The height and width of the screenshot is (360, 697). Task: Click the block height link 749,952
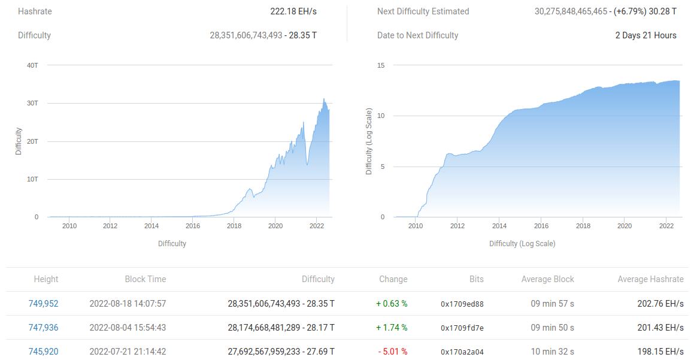43,304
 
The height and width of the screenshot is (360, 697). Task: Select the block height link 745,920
43,352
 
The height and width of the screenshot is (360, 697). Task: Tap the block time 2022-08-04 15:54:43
128,328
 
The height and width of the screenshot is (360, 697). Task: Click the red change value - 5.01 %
393,352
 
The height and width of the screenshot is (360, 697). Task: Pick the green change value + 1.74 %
392,328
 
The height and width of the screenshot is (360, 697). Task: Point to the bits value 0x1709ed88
462,304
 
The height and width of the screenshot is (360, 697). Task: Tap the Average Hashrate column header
650,279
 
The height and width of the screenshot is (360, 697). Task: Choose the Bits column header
476,279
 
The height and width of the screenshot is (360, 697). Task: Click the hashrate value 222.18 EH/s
293,11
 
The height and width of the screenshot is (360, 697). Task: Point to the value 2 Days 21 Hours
646,35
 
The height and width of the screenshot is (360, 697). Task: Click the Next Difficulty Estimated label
423,11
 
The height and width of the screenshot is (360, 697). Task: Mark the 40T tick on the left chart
32,65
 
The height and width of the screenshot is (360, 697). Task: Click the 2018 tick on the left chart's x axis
234,226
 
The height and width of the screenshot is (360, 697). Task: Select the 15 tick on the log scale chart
381,65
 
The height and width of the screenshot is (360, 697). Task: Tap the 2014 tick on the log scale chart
499,226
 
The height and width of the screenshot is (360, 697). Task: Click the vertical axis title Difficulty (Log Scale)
369,141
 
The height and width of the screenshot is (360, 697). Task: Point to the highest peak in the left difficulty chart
324,99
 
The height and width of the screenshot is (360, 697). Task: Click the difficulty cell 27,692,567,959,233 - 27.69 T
281,352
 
